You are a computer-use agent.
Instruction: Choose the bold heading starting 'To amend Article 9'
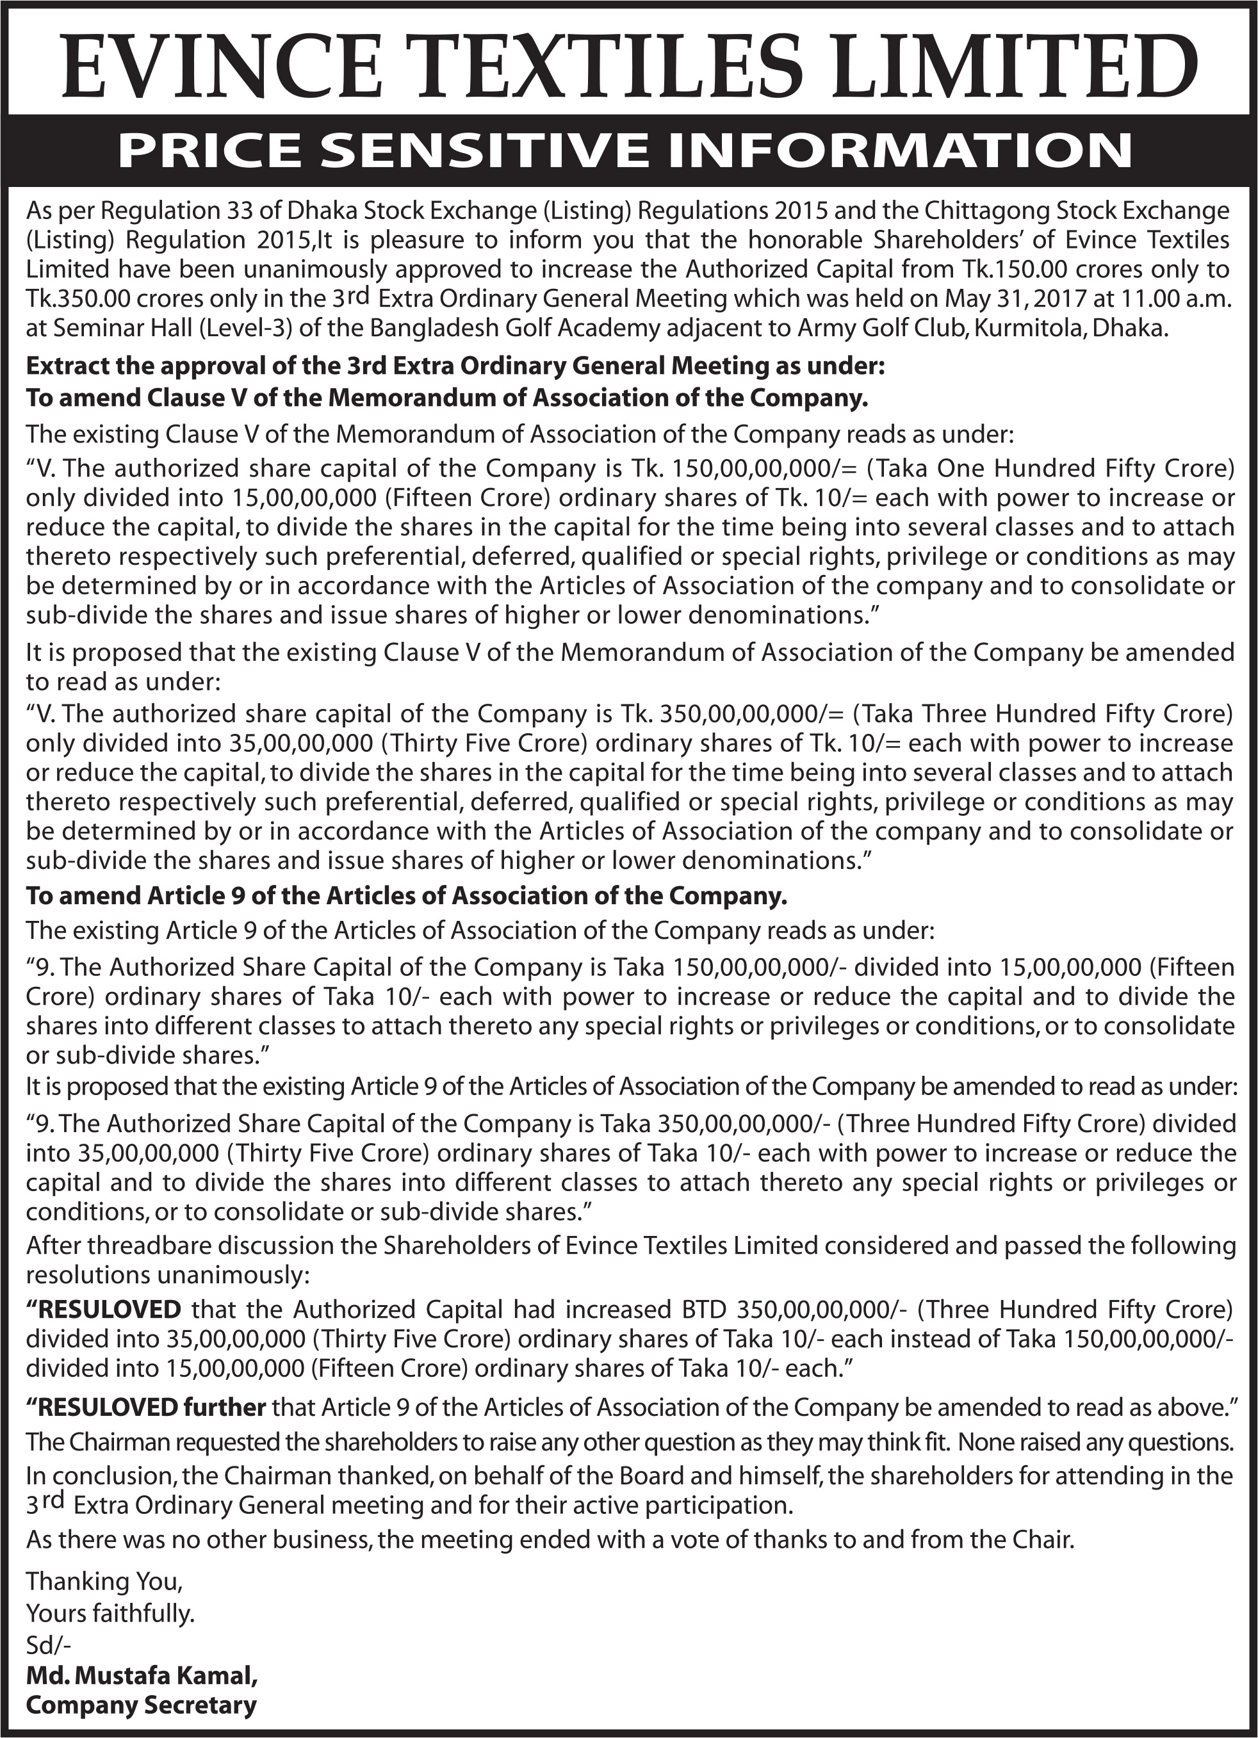[406, 896]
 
